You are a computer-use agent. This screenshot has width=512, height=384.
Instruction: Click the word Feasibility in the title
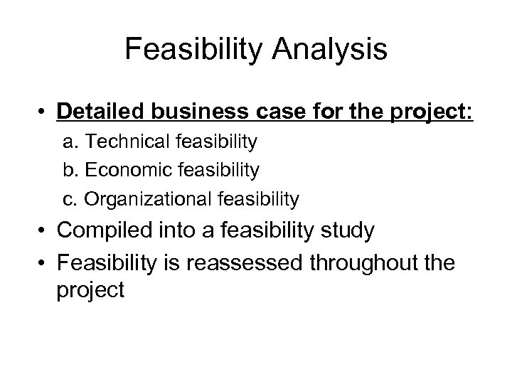pyautogui.click(x=193, y=50)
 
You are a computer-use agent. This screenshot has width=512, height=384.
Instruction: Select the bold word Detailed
pyautogui.click(x=102, y=113)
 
